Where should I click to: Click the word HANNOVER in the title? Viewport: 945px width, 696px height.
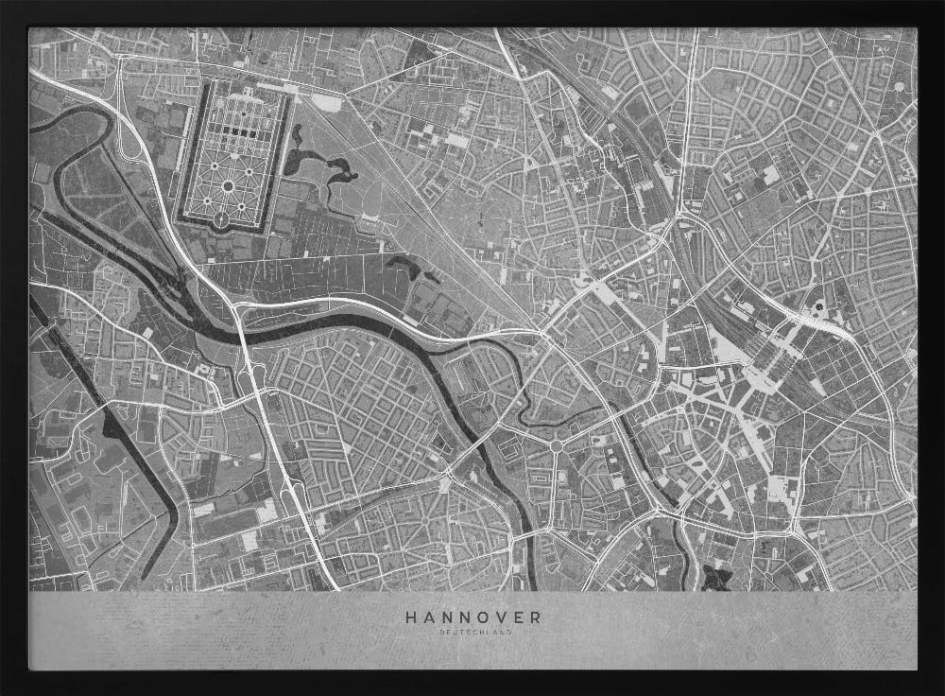473,617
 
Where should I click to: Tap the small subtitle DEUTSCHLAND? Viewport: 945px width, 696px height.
473,633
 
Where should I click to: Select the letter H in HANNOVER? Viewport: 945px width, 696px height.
411,617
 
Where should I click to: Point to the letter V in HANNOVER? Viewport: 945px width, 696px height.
498,617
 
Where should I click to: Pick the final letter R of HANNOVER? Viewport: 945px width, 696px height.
536,617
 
